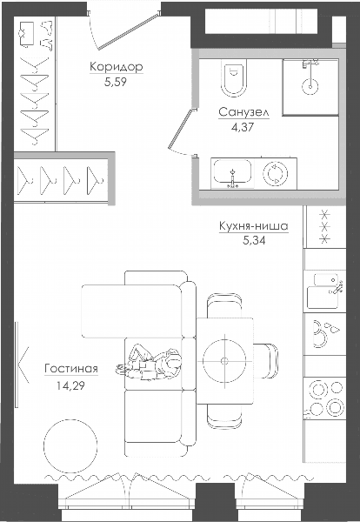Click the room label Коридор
(x=117, y=67)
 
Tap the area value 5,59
(x=116, y=82)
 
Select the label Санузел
(x=243, y=112)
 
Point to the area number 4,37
(x=243, y=127)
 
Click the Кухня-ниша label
(x=254, y=226)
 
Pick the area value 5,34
(x=254, y=240)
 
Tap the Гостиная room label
(x=71, y=369)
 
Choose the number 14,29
(x=70, y=385)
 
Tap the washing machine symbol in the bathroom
(x=275, y=173)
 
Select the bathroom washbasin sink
(x=232, y=173)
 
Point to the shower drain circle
(x=310, y=86)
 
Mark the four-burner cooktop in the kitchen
(x=325, y=398)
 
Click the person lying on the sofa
(x=149, y=363)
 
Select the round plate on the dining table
(x=224, y=360)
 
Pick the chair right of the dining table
(x=266, y=361)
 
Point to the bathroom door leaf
(x=181, y=129)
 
